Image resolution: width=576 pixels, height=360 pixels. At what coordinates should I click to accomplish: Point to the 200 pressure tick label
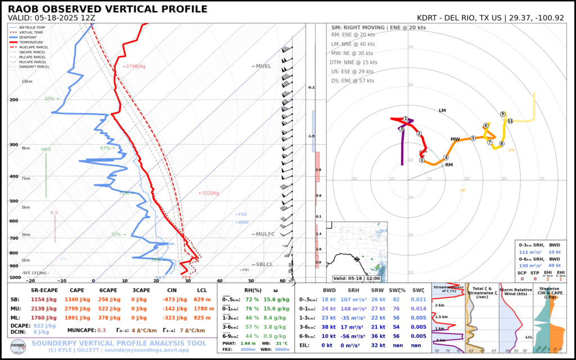point(13,100)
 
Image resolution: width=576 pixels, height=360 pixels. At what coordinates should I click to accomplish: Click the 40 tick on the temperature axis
point(219,281)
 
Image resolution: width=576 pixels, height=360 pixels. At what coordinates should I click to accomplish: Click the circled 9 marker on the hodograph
point(502,114)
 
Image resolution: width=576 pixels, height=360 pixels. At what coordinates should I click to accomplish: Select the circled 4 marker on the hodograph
point(446,157)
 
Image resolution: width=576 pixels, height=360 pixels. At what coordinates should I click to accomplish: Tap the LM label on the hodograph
point(442,111)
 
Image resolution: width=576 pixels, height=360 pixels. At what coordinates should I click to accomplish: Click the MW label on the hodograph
point(455,139)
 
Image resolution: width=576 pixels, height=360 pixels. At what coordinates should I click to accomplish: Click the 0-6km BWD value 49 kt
point(556,265)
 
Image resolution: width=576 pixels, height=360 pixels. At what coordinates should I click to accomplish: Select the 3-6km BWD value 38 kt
point(328,327)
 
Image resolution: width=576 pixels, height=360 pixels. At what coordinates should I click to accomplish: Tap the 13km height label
point(26,82)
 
